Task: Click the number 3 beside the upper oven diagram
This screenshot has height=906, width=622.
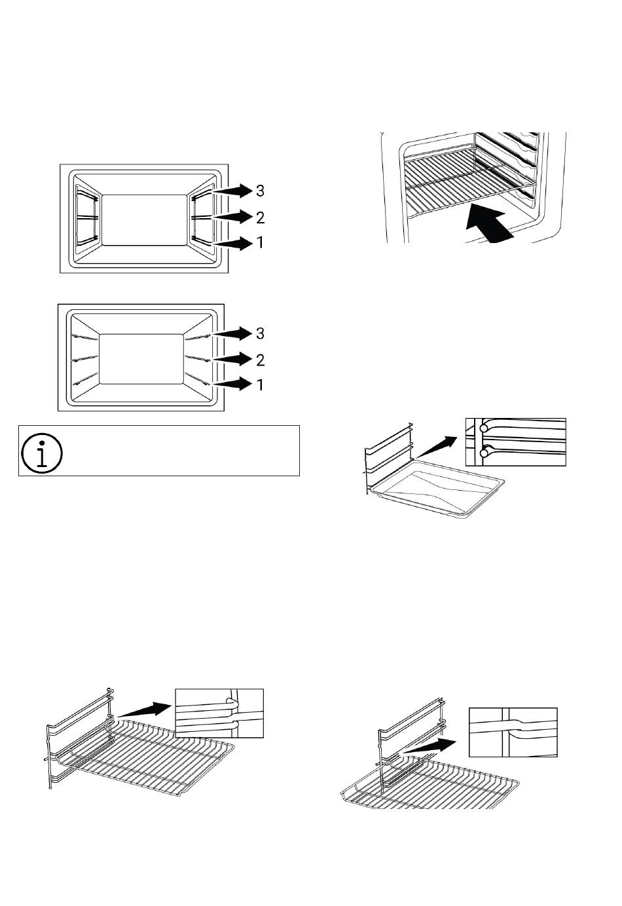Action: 261,191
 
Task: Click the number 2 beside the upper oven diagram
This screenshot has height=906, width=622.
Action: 261,217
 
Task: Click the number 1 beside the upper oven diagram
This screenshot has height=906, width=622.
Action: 261,242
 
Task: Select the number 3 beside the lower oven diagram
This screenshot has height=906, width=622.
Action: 261,333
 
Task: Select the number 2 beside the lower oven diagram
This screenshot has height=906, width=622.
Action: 261,360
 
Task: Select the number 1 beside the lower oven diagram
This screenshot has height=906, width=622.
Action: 261,385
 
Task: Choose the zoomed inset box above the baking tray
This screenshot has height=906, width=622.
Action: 515,442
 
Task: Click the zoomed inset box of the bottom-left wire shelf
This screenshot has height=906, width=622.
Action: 219,713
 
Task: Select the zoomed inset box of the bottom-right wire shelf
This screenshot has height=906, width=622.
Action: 513,732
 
